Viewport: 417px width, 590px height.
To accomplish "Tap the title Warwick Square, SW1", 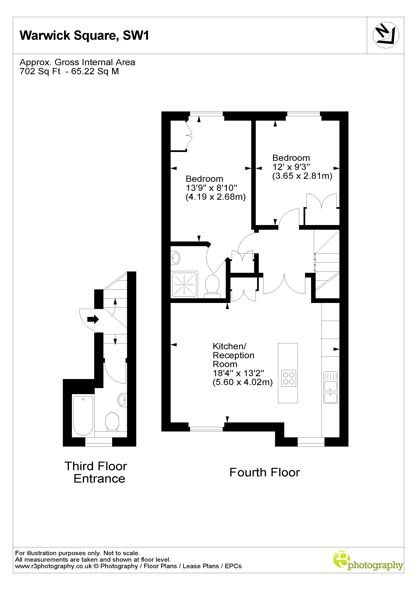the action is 84,36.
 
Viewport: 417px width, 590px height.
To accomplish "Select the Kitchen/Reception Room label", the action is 233,355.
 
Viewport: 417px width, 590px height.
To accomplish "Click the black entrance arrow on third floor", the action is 93,319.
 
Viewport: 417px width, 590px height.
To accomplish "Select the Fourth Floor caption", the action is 264,472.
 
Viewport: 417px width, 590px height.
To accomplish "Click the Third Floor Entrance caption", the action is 96,472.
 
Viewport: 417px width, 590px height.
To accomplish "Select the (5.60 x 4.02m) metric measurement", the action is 242,382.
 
